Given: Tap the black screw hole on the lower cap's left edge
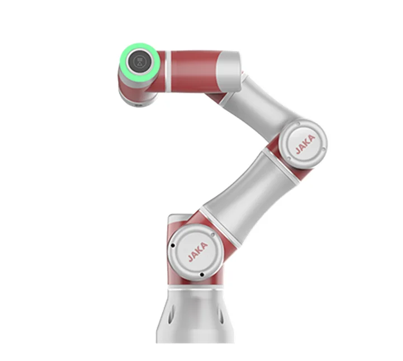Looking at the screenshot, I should point(173,245).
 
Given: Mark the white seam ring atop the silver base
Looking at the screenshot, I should point(196,289).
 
